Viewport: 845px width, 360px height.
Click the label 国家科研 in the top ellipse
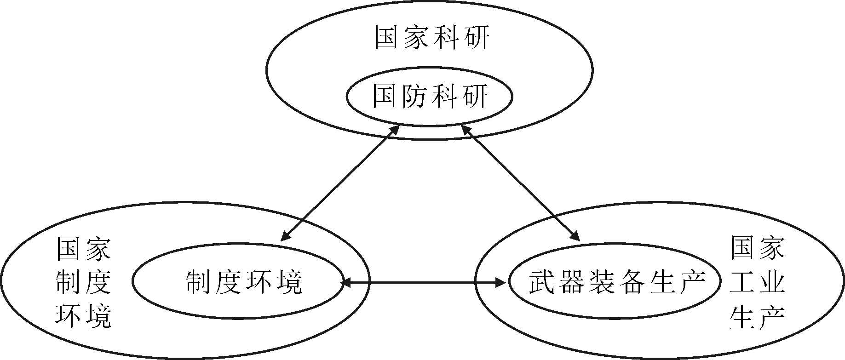(x=432, y=38)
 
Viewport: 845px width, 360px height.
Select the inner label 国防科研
(x=430, y=96)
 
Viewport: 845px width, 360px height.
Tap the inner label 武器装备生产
(x=617, y=281)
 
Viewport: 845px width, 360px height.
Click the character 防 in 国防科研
(x=415, y=96)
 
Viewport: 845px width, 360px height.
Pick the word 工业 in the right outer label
(x=757, y=281)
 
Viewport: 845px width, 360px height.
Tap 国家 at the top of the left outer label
(x=83, y=248)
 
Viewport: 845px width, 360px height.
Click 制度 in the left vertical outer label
(x=83, y=281)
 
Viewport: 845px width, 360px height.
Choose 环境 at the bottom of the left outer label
(x=83, y=315)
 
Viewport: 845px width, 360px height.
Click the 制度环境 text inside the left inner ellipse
(x=244, y=281)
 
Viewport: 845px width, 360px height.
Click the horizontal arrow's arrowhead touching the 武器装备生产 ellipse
(x=501, y=282)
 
